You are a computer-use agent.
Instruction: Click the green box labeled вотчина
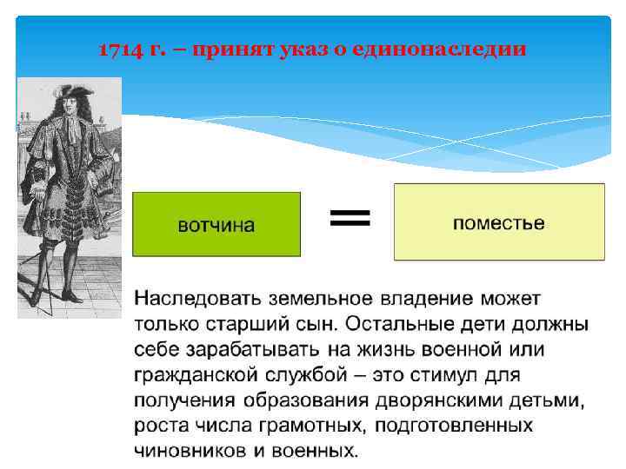[x=216, y=225]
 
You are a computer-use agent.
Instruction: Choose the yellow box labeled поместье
[x=498, y=222]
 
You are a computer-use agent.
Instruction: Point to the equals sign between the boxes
[x=350, y=217]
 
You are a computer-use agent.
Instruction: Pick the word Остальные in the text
[x=396, y=325]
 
